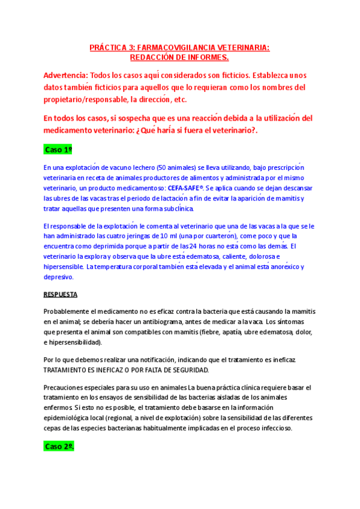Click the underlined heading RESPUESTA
click(61, 295)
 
